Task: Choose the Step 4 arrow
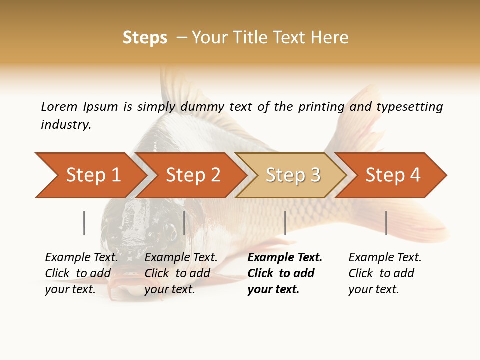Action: click(392, 175)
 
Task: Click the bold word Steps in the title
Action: click(145, 38)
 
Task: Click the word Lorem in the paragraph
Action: click(59, 106)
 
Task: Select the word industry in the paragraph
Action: click(65, 125)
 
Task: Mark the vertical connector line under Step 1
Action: click(84, 223)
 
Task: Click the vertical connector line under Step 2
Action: click(184, 223)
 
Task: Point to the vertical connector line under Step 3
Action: click(285, 223)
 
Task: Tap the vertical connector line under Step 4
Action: click(386, 223)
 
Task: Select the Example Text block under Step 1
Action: click(81, 273)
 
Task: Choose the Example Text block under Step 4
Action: click(385, 273)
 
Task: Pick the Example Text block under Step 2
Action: click(181, 273)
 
